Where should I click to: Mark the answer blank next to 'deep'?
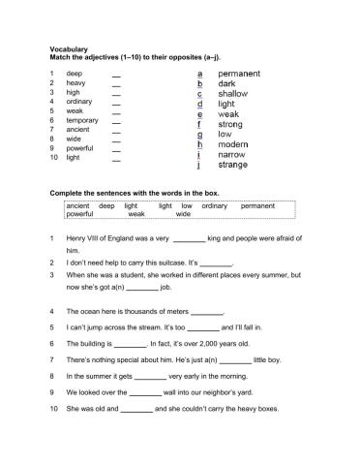117,75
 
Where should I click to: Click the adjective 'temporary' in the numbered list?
83,120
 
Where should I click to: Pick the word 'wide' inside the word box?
183,215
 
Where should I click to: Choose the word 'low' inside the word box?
187,206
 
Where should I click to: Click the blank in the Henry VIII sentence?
189,238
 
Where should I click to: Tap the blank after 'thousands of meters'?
208,312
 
